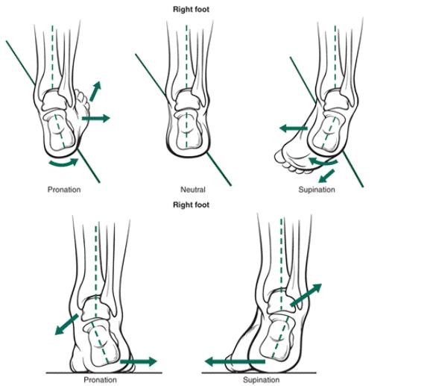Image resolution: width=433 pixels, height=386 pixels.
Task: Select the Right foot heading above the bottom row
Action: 192,204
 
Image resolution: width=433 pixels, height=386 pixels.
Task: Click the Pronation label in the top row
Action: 63,190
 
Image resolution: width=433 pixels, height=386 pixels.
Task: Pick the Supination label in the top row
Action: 317,190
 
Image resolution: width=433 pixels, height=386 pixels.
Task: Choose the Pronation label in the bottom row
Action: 100,379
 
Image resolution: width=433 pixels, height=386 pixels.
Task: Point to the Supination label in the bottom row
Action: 261,379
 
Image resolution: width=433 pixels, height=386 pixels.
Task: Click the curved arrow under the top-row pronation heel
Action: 62,161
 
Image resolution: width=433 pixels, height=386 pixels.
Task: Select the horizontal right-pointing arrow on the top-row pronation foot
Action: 95,118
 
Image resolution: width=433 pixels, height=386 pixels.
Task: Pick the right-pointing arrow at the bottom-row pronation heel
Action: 138,362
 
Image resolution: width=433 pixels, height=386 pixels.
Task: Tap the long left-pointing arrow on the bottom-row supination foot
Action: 234,362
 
